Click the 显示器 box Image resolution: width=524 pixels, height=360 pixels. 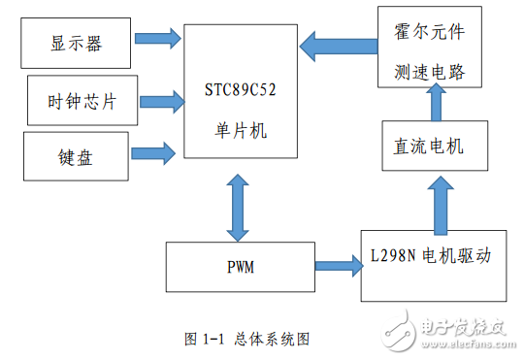coord(76,42)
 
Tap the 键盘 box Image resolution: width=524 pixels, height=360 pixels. coord(75,154)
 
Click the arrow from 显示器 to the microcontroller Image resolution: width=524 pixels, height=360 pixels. coord(156,39)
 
